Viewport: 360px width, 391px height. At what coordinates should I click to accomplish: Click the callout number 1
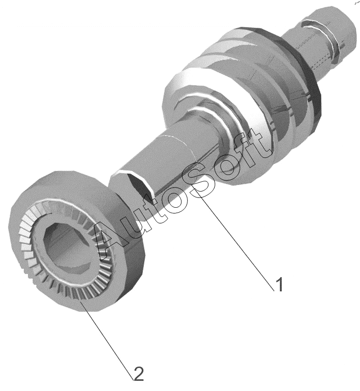point(279,284)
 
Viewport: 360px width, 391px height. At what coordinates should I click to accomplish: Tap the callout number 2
point(138,373)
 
